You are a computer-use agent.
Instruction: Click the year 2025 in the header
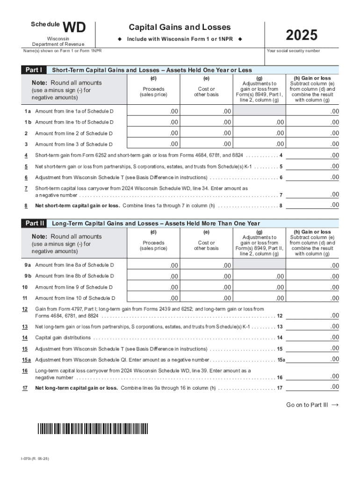[302, 36]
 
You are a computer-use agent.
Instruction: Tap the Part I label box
[34, 70]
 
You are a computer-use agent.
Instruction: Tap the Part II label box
[34, 224]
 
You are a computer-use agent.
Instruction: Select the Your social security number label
[293, 51]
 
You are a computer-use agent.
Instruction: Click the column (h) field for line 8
[312, 205]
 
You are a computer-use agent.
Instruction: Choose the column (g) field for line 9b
[259, 276]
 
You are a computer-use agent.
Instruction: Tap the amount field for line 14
[312, 337]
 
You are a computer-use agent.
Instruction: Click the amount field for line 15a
[312, 359]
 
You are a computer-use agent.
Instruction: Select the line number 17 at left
[25, 388]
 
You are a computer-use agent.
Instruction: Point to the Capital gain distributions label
[63, 338]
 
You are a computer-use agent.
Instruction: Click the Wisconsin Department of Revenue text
[58, 41]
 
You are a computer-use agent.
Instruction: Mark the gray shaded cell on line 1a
[259, 111]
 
